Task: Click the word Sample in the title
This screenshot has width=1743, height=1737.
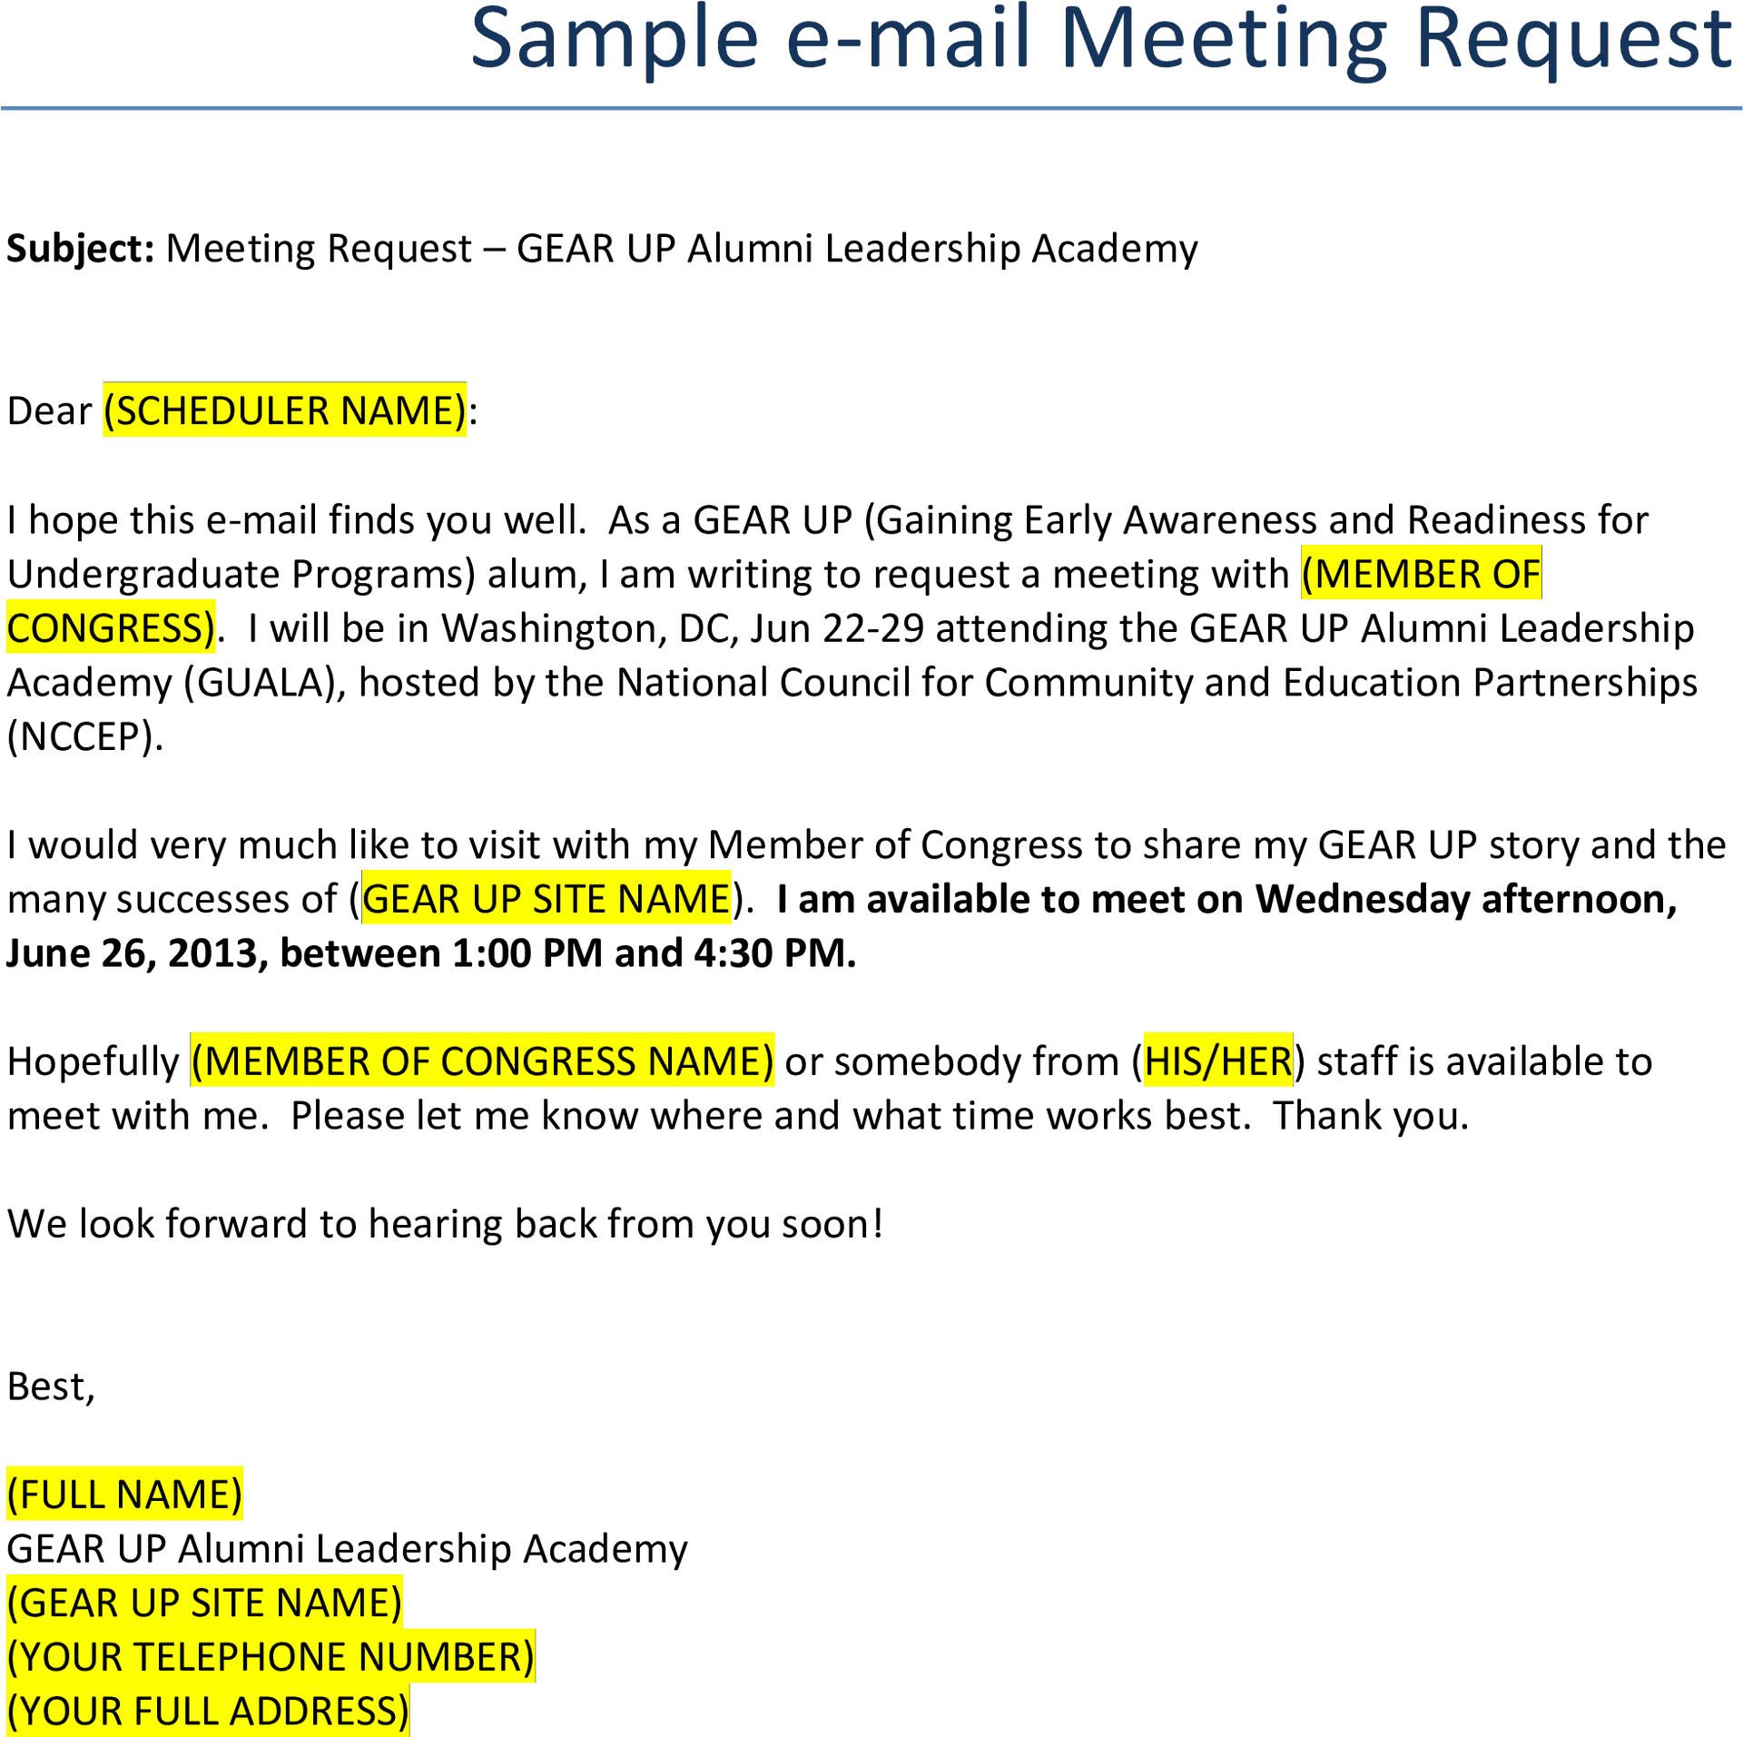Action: [615, 41]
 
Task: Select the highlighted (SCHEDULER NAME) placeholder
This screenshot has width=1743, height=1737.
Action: [284, 410]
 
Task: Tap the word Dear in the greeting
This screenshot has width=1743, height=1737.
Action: [49, 411]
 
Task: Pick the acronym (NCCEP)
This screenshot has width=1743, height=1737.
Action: [85, 737]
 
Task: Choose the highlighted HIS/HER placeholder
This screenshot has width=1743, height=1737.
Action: [1217, 1061]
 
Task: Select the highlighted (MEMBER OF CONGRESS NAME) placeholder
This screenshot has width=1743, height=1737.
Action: [482, 1061]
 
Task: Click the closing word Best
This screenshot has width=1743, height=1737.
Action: [51, 1387]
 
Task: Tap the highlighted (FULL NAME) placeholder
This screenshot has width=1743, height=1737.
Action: [125, 1495]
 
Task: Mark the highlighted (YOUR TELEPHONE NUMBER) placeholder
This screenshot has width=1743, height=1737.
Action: [271, 1657]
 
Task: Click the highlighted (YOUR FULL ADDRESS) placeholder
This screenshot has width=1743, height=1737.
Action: [209, 1711]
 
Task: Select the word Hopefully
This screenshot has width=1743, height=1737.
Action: [94, 1061]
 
